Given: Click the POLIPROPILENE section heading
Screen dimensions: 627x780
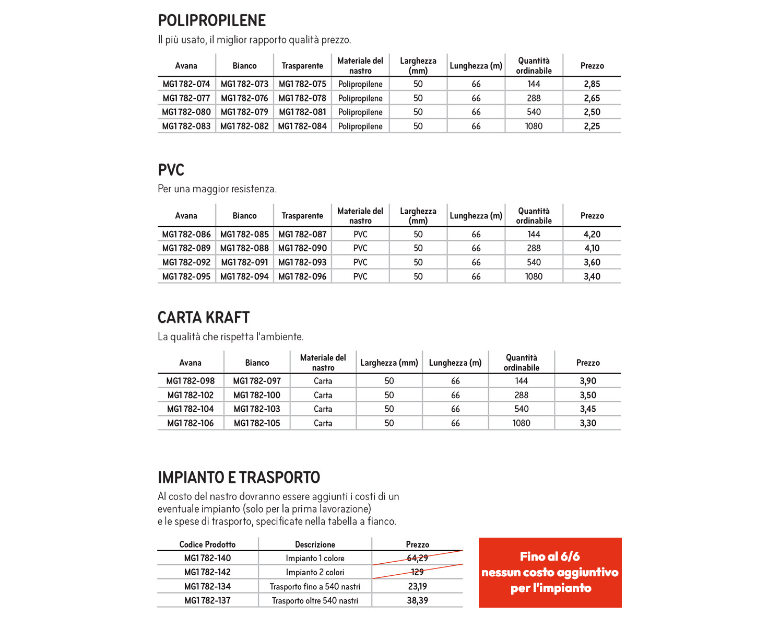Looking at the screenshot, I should pyautogui.click(x=211, y=20).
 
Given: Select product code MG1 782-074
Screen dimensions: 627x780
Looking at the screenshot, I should pyautogui.click(x=186, y=84).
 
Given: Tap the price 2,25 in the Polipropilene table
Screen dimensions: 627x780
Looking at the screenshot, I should pyautogui.click(x=592, y=126).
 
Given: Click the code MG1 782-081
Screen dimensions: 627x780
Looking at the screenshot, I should pyautogui.click(x=302, y=112).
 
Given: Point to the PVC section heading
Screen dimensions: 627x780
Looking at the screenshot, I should pyautogui.click(x=171, y=170).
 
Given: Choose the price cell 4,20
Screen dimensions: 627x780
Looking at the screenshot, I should pyautogui.click(x=592, y=235).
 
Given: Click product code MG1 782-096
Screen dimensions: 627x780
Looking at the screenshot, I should pyautogui.click(x=302, y=277).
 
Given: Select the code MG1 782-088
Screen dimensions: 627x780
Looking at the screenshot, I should pyautogui.click(x=244, y=249).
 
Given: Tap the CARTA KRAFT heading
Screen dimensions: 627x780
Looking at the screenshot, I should pyautogui.click(x=204, y=318).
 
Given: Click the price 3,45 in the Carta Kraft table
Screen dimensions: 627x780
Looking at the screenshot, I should pyautogui.click(x=588, y=409).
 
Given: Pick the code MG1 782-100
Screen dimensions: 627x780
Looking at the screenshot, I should pyautogui.click(x=257, y=396).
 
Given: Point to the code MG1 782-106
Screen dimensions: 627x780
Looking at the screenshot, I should pyautogui.click(x=191, y=423).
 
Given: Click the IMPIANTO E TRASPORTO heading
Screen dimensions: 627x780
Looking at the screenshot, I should pyautogui.click(x=239, y=478).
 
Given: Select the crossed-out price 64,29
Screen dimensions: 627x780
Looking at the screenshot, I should pyautogui.click(x=417, y=558).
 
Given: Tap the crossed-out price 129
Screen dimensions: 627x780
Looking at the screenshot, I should pyautogui.click(x=417, y=572).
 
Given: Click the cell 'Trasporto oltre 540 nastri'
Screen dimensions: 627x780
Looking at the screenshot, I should pyautogui.click(x=315, y=601).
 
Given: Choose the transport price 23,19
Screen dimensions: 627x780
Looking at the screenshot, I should pyautogui.click(x=417, y=587).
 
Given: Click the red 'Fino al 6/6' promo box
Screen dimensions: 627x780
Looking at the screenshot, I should pyautogui.click(x=550, y=572).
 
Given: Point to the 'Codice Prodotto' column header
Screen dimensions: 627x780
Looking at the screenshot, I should pyautogui.click(x=207, y=544).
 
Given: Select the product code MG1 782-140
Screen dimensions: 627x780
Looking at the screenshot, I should pyautogui.click(x=207, y=558).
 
